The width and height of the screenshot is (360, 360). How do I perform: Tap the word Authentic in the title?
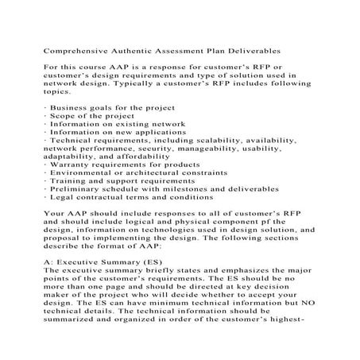(x=143, y=49)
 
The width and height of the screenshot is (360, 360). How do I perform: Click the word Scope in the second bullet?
(x=65, y=116)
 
